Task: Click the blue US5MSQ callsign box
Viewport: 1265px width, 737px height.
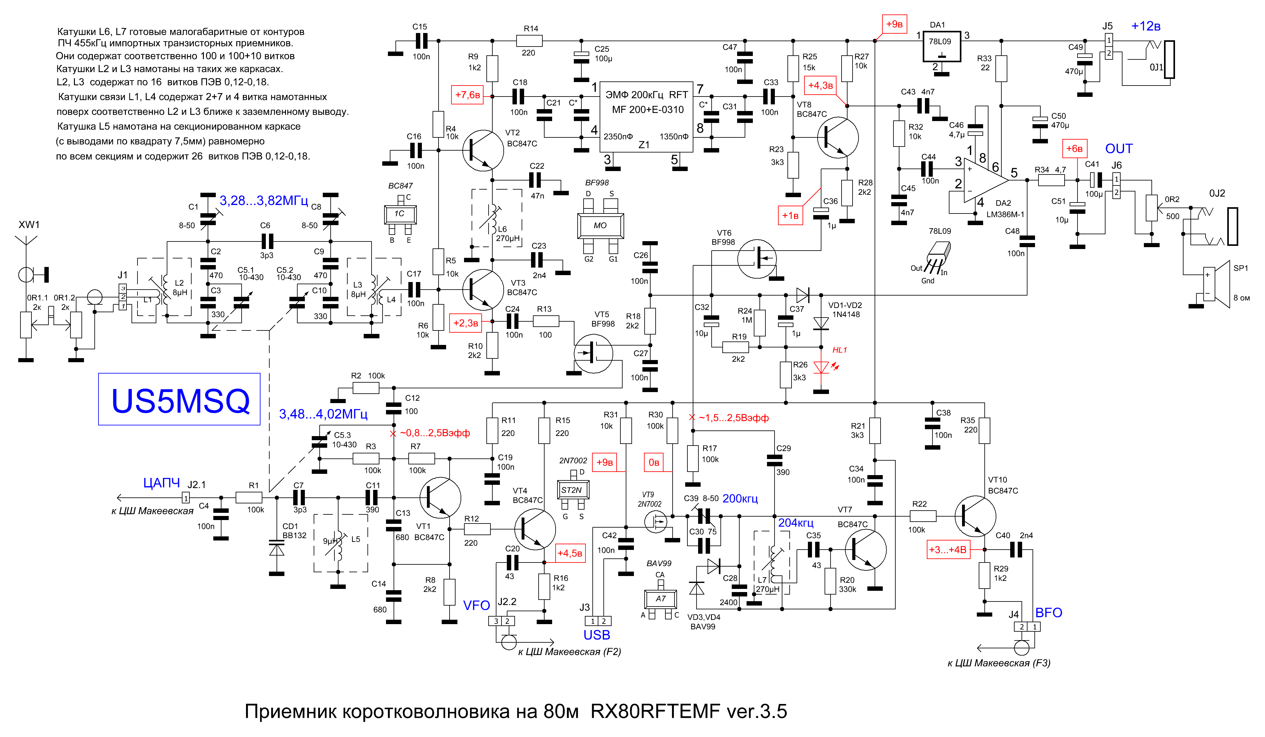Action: (x=179, y=399)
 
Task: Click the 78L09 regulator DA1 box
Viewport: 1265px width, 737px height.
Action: (x=942, y=47)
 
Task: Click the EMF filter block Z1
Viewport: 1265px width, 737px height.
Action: (x=646, y=117)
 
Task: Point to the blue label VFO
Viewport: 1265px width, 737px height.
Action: (x=476, y=606)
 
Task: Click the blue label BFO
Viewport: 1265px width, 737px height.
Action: (x=1049, y=612)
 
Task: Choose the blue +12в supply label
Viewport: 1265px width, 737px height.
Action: (x=1145, y=26)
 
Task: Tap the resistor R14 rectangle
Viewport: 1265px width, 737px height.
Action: (x=529, y=41)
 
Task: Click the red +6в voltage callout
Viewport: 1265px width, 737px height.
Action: (x=1074, y=148)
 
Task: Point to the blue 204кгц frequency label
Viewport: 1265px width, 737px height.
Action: (x=796, y=523)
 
